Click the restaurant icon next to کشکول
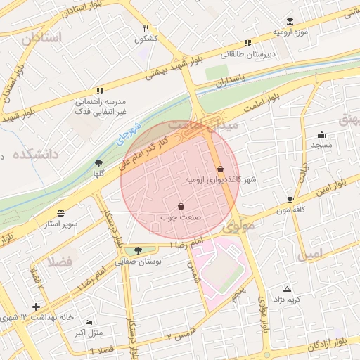pyautogui.click(x=146, y=28)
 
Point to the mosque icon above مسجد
pyautogui.click(x=322, y=134)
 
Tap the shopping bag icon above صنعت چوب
pyautogui.click(x=181, y=206)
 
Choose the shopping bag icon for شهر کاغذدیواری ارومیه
pyautogui.click(x=221, y=169)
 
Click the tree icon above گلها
pyautogui.click(x=98, y=163)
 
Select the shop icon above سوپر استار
pyautogui.click(x=61, y=213)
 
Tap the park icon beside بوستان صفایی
pyautogui.click(x=137, y=250)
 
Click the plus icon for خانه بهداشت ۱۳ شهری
pyautogui.click(x=36, y=307)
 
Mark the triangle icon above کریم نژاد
pyautogui.click(x=287, y=289)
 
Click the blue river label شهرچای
pyautogui.click(x=130, y=134)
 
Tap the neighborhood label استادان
pyautogui.click(x=41, y=37)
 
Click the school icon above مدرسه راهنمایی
pyautogui.click(x=100, y=91)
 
